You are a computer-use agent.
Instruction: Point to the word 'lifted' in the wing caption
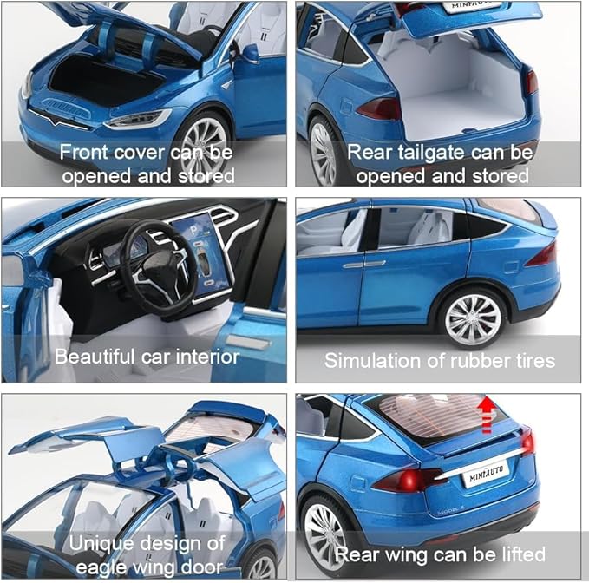pos(521,554)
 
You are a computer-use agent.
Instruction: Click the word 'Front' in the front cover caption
pos(83,154)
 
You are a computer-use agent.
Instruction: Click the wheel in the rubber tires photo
pos(474,318)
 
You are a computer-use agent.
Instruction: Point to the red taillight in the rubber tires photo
pos(542,254)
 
